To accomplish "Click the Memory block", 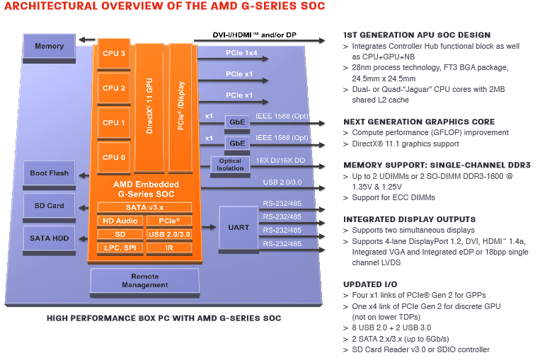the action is pos(50,47).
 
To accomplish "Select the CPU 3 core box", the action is pos(114,54).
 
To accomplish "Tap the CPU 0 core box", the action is pos(114,158).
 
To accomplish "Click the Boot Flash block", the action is pos(50,173).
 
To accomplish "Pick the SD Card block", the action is pos(50,206).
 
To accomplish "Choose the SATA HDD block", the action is pos(50,238).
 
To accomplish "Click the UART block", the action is pos(239,228).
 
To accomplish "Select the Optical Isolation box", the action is pos(230,165).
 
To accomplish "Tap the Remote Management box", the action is pos(145,281).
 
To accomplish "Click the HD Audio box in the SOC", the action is pos(120,221).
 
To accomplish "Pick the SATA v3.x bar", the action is pos(144,207).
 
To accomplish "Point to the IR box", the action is pos(169,248).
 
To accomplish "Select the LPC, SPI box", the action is pos(120,248).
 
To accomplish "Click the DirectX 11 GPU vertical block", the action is pos(149,107).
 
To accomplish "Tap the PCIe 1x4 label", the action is pos(241,53).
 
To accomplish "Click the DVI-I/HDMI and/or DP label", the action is pos(254,35).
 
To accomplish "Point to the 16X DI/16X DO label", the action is pos(280,161).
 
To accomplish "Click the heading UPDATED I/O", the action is pos(370,284).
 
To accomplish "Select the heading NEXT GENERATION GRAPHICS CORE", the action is pos(419,122).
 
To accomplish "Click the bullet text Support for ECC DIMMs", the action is pos(393,197).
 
